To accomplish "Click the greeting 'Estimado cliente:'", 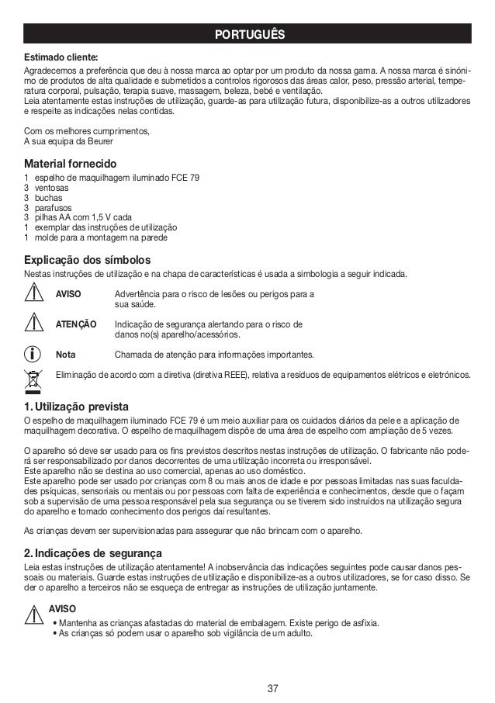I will [x=61, y=57].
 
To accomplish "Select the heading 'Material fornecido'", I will [x=71, y=164].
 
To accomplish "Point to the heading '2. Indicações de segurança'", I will [x=93, y=553].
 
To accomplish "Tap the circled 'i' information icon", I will [x=34, y=354].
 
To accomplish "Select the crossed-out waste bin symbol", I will [x=34, y=379].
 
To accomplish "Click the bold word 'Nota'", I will [x=66, y=355].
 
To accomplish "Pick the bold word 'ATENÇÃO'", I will [x=76, y=324].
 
